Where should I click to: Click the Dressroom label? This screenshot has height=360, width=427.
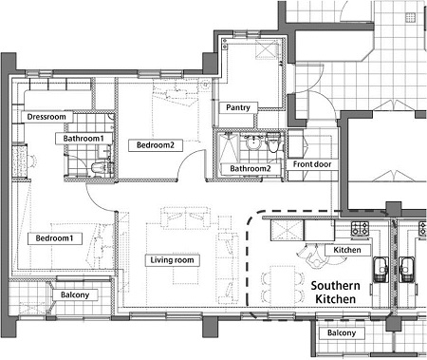tap(46, 117)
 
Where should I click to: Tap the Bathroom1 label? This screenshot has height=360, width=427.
tap(84, 139)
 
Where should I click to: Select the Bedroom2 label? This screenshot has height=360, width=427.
tap(156, 145)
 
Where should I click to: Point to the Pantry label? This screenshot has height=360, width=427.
tap(238, 107)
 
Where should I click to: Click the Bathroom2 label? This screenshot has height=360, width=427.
tap(251, 169)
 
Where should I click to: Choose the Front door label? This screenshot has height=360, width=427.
tap(312, 164)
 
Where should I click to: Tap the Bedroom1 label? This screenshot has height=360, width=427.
tap(55, 238)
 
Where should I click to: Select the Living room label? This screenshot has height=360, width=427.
tap(172, 260)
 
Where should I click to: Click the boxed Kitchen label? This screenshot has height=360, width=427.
tap(347, 250)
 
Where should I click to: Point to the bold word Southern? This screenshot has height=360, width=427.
tap(335, 286)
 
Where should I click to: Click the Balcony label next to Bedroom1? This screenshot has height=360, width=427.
tap(75, 295)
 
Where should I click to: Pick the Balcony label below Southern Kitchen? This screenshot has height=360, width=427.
tap(342, 333)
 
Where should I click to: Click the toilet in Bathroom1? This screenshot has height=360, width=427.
tap(97, 168)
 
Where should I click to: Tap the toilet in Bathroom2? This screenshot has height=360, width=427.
tap(272, 143)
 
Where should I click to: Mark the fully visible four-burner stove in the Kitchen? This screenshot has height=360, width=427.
tap(361, 228)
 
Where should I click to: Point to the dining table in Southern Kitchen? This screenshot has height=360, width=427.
tap(283, 287)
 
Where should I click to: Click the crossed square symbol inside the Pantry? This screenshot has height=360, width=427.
tap(266, 49)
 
